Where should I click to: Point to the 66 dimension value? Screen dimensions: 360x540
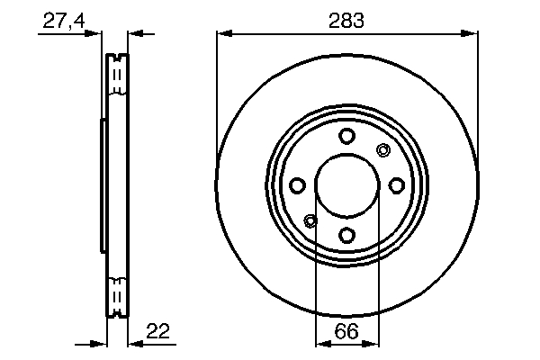coord(347,331)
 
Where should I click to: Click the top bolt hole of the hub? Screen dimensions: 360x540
coord(347,136)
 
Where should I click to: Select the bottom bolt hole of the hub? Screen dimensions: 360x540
coord(347,235)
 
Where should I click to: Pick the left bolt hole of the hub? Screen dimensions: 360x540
coord(297,185)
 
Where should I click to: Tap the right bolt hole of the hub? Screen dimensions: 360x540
coord(397,185)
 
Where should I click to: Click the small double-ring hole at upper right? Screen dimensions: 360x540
coord(382,150)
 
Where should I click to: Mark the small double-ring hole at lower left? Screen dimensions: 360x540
coord(311,220)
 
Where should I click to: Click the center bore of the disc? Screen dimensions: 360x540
coord(347,185)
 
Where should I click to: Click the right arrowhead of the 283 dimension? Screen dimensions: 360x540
coord(471,34)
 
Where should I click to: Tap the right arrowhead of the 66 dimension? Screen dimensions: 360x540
coord(373,342)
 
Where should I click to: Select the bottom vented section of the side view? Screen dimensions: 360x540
coord(115,296)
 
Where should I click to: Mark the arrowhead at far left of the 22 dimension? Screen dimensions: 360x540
coord(99,342)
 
